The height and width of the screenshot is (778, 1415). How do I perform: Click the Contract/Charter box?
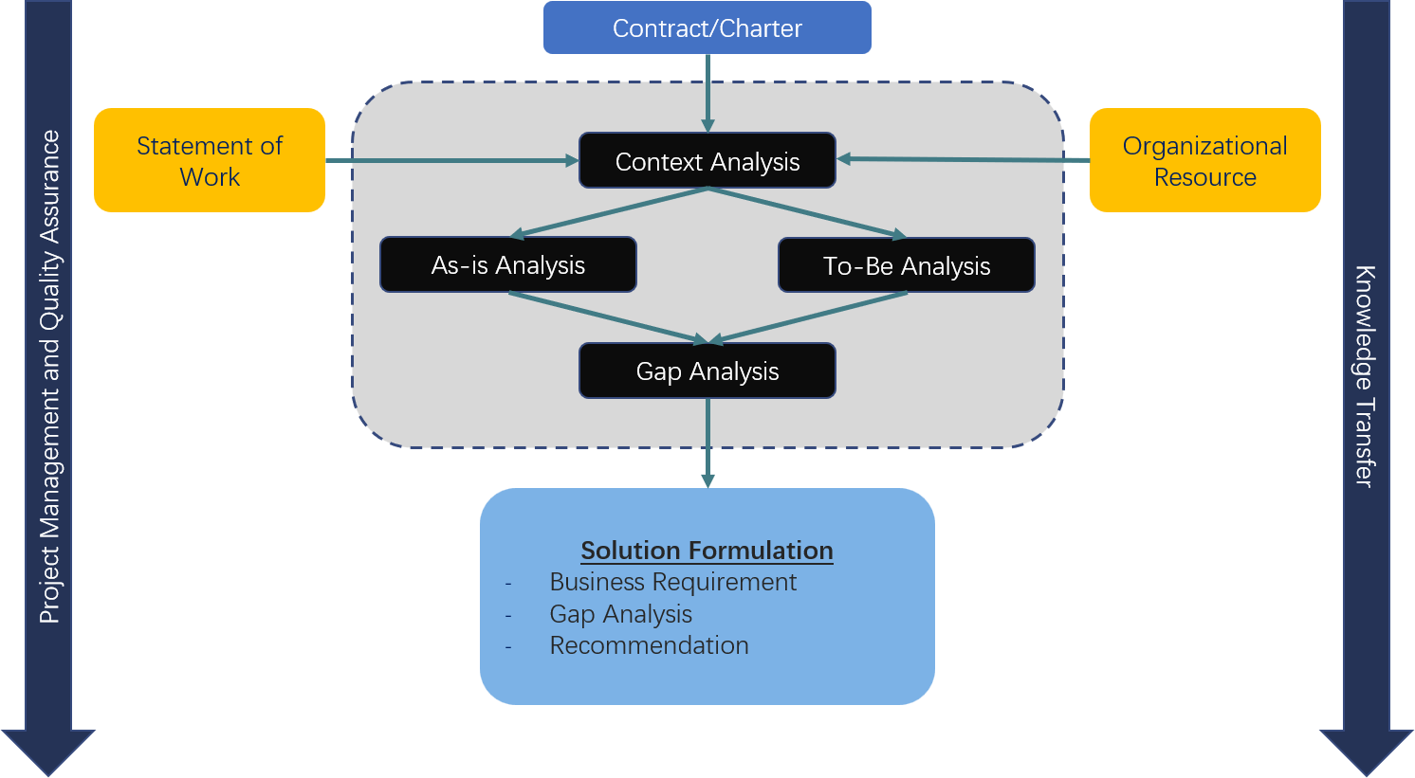[707, 28]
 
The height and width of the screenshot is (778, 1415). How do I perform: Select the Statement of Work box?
[210, 160]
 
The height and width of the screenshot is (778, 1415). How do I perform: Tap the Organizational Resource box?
[1204, 160]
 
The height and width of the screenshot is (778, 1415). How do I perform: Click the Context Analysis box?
[707, 161]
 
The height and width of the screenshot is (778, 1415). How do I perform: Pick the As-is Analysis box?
[508, 265]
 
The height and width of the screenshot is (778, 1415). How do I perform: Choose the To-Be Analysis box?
[907, 266]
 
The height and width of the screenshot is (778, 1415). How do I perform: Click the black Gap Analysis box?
[707, 371]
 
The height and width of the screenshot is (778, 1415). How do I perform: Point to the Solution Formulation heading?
[707, 551]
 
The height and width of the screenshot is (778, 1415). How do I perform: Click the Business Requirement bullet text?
[672, 582]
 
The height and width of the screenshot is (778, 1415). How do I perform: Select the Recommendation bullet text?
[649, 645]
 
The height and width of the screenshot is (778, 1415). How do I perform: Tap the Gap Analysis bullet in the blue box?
[620, 614]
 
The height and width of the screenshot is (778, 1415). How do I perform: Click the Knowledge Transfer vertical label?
[1364, 376]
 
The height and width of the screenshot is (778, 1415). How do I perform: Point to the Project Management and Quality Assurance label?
[49, 376]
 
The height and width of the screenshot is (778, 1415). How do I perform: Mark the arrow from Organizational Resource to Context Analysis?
[963, 160]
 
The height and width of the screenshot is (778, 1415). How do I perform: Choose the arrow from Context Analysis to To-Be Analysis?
[806, 212]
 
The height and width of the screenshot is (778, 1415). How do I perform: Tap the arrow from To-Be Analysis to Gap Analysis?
[808, 317]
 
